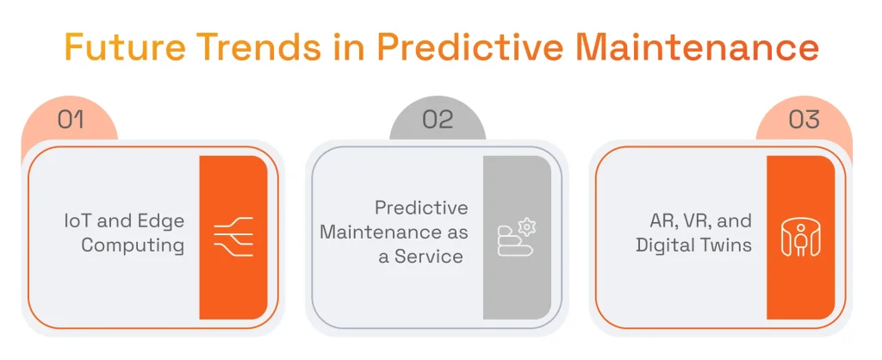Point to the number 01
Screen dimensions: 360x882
(71, 119)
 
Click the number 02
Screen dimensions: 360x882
(438, 119)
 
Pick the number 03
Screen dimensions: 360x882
(804, 119)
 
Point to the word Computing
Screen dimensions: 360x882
(133, 245)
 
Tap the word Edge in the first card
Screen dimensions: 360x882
(164, 221)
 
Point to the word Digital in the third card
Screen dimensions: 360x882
(664, 245)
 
